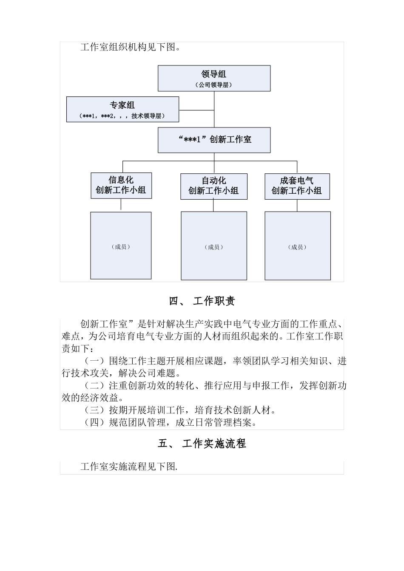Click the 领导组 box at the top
coord(214,78)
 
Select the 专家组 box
coord(122,109)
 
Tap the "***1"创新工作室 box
coord(214,140)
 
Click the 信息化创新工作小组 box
coord(121,185)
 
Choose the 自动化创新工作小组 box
coord(213,186)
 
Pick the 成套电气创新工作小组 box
coord(297,186)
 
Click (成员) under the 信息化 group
coord(121,246)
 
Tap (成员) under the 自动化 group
coord(213,247)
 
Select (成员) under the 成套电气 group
coord(297,247)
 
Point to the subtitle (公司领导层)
coord(214,85)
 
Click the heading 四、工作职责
coord(202,301)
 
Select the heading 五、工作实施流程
coord(202,444)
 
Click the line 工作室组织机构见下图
coord(130,47)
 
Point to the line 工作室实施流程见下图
coord(129,467)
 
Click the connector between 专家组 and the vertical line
coord(196,110)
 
